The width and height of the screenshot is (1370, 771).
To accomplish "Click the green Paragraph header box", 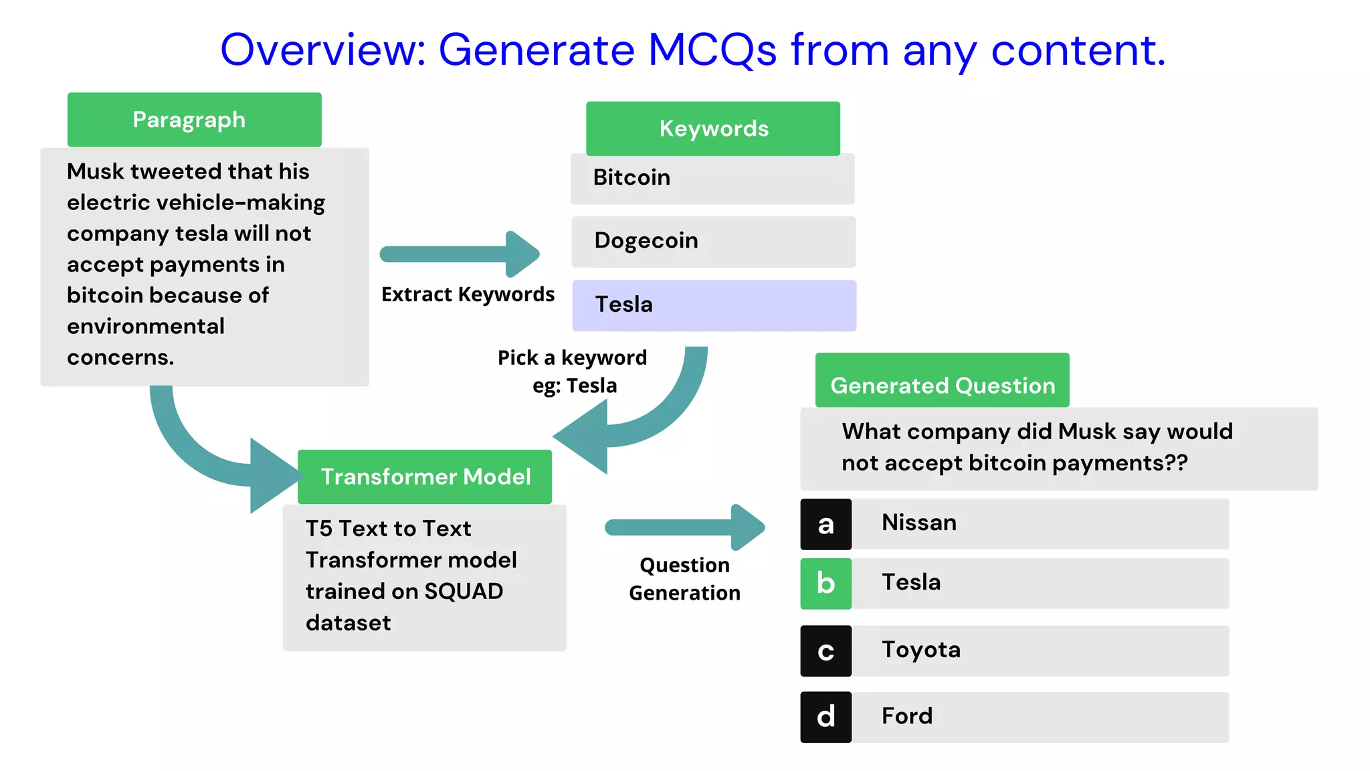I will pos(194,120).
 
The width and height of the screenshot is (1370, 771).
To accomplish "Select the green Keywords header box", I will pos(713,128).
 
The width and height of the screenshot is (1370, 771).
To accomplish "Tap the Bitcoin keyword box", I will pos(712,178).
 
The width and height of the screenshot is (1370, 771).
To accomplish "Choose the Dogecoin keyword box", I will pos(713,241).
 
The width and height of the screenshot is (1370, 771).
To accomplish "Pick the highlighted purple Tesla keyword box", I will pos(714,305).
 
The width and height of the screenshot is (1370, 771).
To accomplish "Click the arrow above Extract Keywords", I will pos(460,254).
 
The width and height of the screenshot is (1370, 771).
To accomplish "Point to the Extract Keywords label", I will pos(468,294).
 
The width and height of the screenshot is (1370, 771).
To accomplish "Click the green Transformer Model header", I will pos(425,477).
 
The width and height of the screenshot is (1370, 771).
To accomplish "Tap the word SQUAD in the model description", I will pos(464,592).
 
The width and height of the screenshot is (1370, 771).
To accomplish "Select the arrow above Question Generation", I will pos(684,527).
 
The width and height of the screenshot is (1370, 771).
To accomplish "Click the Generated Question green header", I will pos(942,385).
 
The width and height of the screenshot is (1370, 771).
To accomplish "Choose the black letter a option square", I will pos(825,524).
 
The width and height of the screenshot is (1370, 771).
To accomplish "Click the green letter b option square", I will pos(825,584).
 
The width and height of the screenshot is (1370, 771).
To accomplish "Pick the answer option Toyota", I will pos(921,650).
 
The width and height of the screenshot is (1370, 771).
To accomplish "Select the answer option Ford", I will pos(906,716).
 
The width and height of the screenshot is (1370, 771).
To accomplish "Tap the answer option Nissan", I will pos(918,523).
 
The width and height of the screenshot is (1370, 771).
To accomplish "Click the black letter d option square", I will pos(825,717).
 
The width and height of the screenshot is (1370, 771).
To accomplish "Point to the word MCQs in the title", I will pos(712,50).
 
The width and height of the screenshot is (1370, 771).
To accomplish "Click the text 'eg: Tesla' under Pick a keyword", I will pos(574,386).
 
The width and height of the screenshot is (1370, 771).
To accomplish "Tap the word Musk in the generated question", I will pos(1087,432).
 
